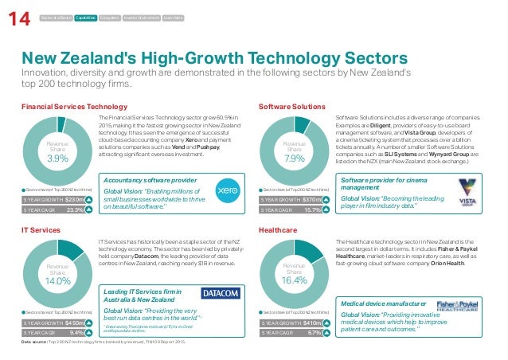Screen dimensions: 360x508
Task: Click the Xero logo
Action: point(229,190)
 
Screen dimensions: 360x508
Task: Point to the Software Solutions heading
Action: point(292,106)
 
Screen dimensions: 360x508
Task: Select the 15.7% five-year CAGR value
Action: point(312,210)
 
